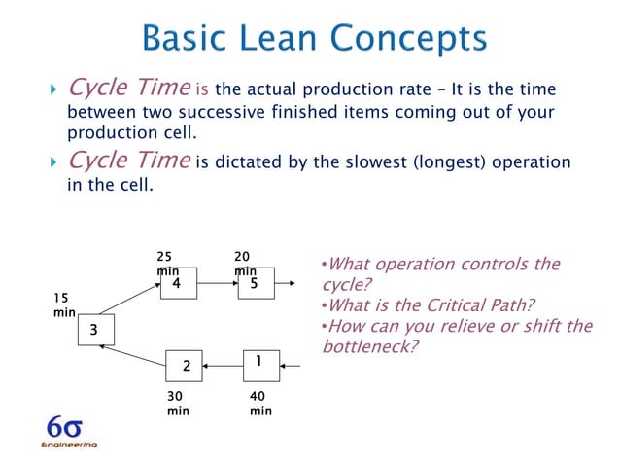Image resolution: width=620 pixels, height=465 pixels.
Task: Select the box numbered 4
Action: tap(178, 284)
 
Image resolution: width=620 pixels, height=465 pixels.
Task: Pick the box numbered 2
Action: tap(185, 366)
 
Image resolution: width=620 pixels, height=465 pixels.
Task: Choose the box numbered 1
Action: tap(259, 362)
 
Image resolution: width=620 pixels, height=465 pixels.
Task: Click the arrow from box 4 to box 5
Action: tap(218, 284)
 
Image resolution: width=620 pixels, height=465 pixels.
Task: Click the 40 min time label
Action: tap(260, 404)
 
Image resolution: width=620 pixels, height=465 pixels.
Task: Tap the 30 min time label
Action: tap(179, 404)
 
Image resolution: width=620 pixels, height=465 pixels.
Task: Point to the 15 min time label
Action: tap(63, 304)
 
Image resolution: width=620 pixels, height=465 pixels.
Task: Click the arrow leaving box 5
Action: tap(288, 284)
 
